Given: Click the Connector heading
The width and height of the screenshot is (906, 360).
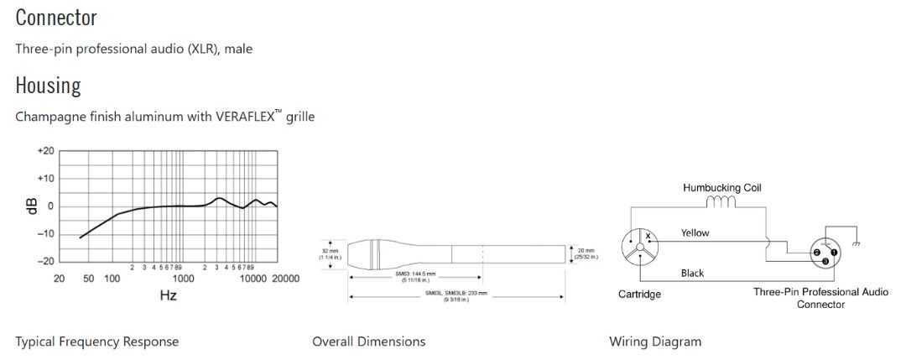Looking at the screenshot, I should [x=55, y=17].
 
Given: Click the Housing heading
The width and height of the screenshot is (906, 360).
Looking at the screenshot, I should [x=48, y=85].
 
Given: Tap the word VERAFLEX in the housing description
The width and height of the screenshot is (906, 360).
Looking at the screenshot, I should [x=249, y=117].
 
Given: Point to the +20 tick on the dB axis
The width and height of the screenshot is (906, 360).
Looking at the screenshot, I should [x=45, y=151].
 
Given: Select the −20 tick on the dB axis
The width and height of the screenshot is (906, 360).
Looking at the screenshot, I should [x=45, y=261].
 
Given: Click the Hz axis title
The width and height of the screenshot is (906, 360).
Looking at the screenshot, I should [x=168, y=295].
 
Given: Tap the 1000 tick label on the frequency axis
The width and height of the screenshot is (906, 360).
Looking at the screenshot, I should [x=183, y=278].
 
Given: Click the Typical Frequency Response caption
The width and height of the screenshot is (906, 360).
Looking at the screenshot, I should [x=96, y=342].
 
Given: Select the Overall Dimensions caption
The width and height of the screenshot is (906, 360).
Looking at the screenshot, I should [x=368, y=342].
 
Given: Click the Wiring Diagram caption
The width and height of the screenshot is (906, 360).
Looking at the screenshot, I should [x=654, y=342].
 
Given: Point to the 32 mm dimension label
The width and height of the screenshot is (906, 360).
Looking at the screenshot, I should [x=330, y=252].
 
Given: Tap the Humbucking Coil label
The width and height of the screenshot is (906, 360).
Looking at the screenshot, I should [x=723, y=188].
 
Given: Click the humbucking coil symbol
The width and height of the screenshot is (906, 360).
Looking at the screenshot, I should [x=721, y=202].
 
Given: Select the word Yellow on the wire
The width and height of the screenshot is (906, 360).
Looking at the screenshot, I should [x=695, y=233].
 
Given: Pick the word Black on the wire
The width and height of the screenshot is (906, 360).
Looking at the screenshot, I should [x=692, y=273].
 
